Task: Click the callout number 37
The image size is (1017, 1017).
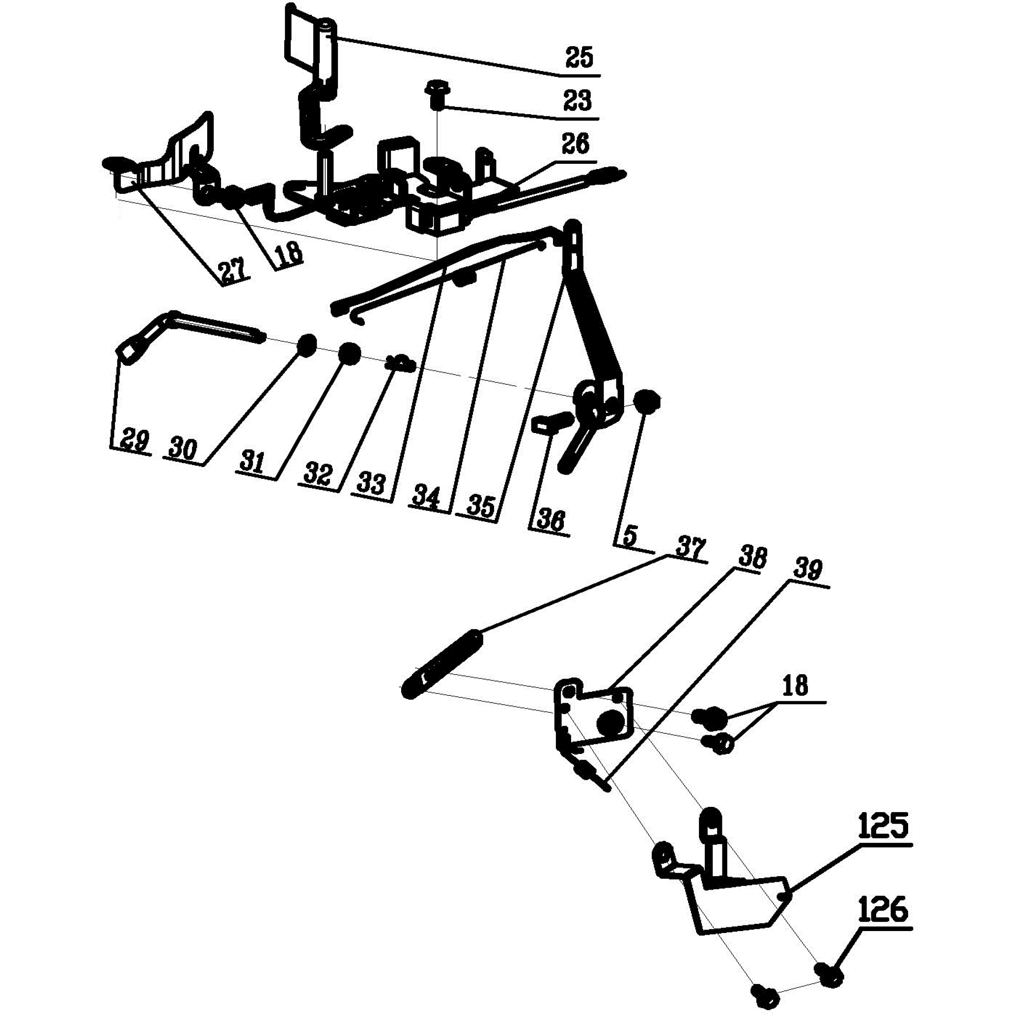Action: point(689,549)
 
